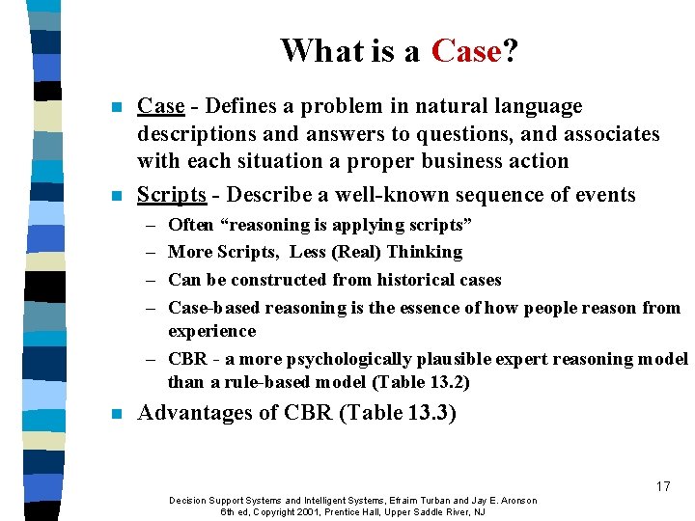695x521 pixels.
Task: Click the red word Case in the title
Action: [x=466, y=50]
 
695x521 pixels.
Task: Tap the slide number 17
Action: [x=662, y=486]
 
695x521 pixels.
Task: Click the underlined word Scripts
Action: [x=172, y=195]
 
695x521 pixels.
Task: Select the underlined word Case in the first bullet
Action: [x=160, y=106]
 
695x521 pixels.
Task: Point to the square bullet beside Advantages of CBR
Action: [x=117, y=415]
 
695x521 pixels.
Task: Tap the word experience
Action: [x=211, y=331]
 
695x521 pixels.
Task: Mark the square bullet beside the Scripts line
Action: [x=117, y=196]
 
